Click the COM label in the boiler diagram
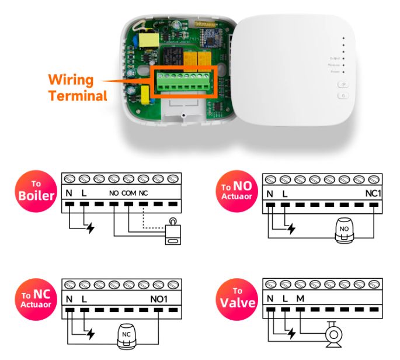129,193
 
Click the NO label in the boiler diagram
114,193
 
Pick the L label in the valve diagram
285,299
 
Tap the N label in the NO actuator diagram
270,193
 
